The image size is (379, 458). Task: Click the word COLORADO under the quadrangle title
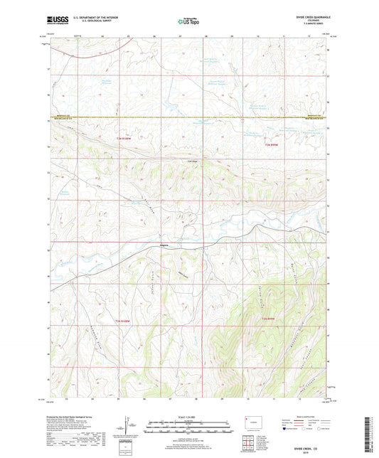(x=307, y=22)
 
